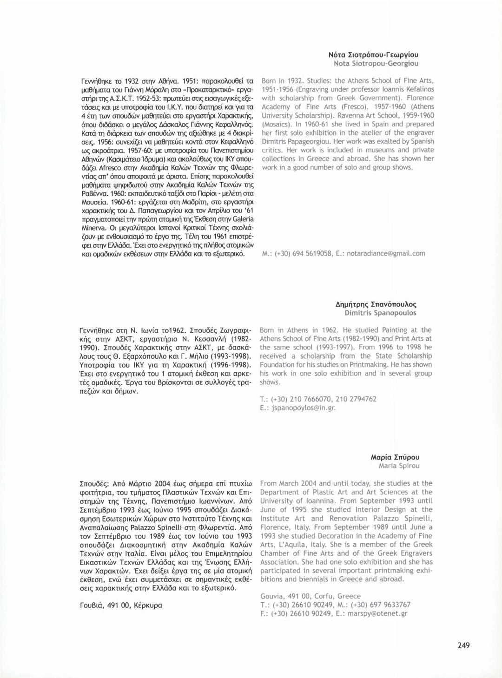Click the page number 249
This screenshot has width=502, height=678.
pos(463,645)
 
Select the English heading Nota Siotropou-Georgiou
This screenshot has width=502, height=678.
pos(376,63)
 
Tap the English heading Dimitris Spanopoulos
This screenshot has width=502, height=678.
pos(380,313)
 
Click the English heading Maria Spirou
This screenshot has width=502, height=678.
pos(399,466)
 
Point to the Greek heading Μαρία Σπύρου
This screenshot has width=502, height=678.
pos(395,457)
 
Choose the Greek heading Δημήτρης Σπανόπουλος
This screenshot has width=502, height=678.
pos(376,304)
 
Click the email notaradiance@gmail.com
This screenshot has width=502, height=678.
pos(386,253)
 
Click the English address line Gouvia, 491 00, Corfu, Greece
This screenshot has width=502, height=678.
pos(310,596)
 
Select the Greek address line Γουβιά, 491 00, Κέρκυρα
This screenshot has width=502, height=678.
pos(121,606)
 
